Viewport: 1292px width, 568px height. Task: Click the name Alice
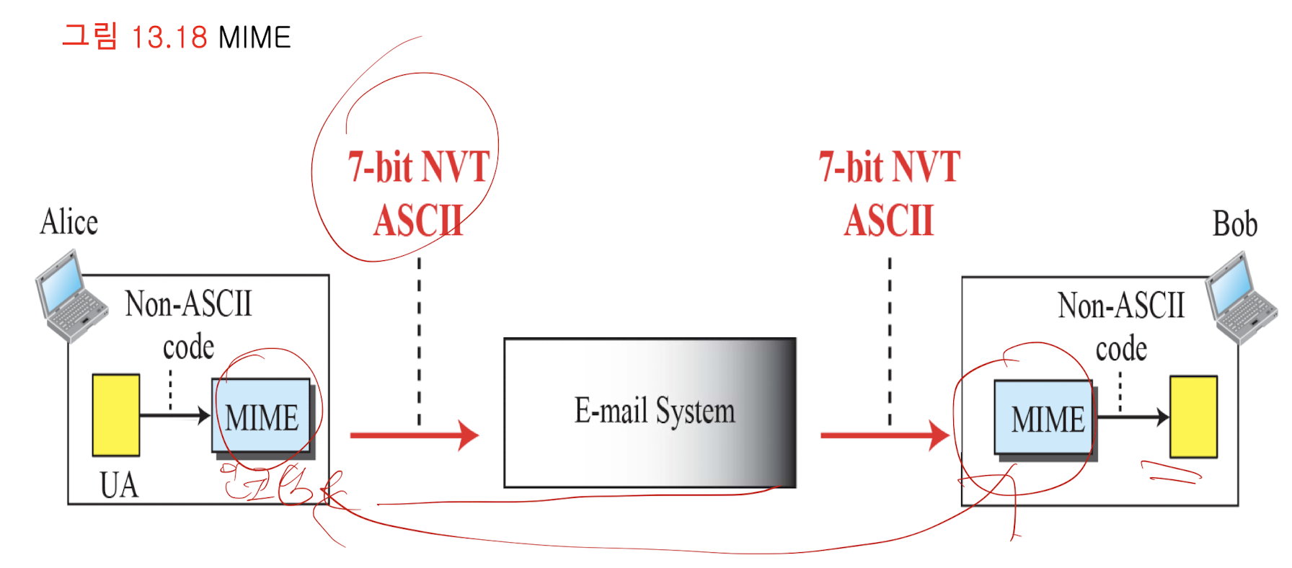[x=69, y=222]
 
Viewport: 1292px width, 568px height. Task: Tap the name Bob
[x=1234, y=224]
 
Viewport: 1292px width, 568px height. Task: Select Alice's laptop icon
[x=70, y=296]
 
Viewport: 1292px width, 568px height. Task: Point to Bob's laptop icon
[x=1242, y=297]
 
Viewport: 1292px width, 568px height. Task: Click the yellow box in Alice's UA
[x=116, y=414]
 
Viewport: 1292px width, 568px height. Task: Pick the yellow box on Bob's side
[x=1193, y=417]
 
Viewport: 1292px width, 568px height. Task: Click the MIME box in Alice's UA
[x=262, y=417]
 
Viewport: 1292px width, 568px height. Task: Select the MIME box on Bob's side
[x=1046, y=419]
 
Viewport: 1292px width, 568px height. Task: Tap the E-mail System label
[x=654, y=412]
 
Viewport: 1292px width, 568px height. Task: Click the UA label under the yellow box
[x=119, y=485]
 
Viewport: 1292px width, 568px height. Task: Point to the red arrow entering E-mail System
[x=414, y=435]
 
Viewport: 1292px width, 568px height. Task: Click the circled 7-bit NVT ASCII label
[x=419, y=193]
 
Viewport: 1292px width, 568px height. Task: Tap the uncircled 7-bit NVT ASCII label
[x=889, y=193]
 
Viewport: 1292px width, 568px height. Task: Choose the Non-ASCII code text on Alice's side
[x=188, y=324]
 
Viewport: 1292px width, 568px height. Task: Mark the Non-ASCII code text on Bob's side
[x=1121, y=326]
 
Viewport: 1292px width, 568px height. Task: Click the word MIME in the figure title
[x=255, y=37]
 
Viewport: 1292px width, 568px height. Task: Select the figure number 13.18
[x=169, y=37]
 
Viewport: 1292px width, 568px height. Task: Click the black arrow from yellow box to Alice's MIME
[x=174, y=415]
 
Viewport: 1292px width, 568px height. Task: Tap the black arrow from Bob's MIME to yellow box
[x=1132, y=417]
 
